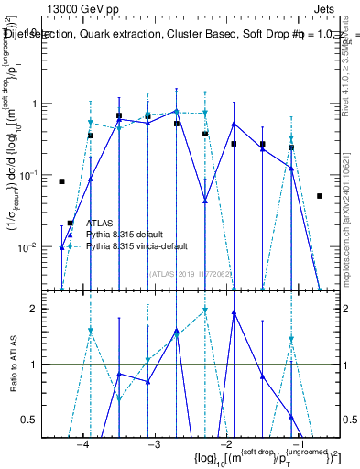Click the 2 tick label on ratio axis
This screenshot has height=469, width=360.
click(x=43, y=309)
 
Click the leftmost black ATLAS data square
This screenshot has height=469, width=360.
click(x=61, y=181)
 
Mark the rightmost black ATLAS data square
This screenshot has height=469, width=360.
click(x=320, y=196)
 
